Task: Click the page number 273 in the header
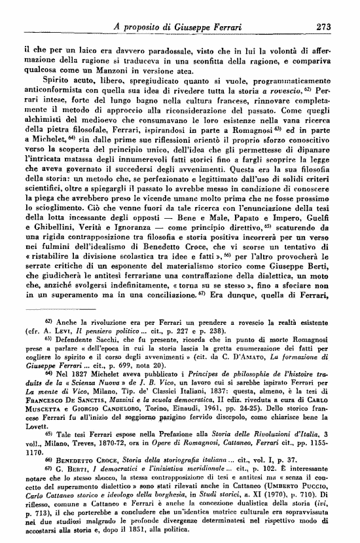point(323,27)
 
